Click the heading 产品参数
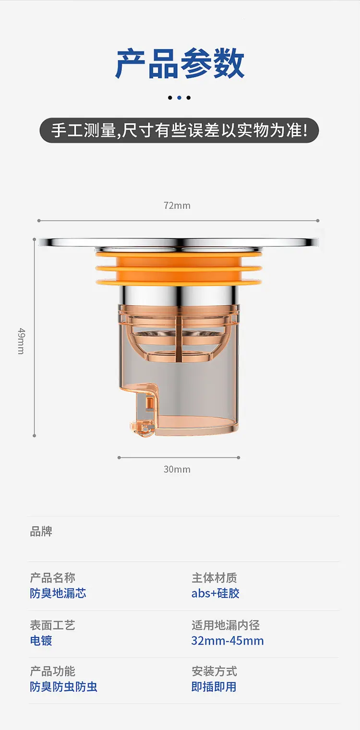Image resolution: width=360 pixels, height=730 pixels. (x=180, y=63)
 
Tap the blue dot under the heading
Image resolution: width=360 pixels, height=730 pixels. (x=179, y=97)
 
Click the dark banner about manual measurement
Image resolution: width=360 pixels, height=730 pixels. (x=179, y=131)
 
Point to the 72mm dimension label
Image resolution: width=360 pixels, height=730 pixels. (x=177, y=205)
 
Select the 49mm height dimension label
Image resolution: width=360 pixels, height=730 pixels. (x=21, y=341)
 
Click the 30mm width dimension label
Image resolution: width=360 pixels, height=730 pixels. (x=177, y=469)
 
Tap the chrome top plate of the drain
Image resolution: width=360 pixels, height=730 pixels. (x=179, y=242)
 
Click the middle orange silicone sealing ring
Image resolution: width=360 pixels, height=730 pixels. (x=179, y=269)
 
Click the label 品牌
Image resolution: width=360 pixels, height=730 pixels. (x=41, y=531)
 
